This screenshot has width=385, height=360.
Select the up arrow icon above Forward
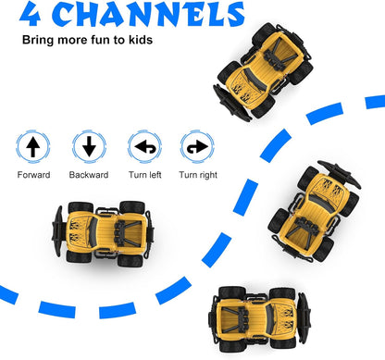point(32,146)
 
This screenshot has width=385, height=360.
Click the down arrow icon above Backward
point(88,146)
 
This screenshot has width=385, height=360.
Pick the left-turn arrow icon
point(143,146)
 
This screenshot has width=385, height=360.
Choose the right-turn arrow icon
point(197,146)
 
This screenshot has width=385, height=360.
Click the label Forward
point(34,175)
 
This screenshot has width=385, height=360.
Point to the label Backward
point(88,175)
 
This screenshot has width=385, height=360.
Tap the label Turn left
point(143,175)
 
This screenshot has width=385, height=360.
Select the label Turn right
point(199,175)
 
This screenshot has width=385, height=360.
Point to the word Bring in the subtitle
point(37,41)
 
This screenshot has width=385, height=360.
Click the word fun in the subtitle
point(102,41)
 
